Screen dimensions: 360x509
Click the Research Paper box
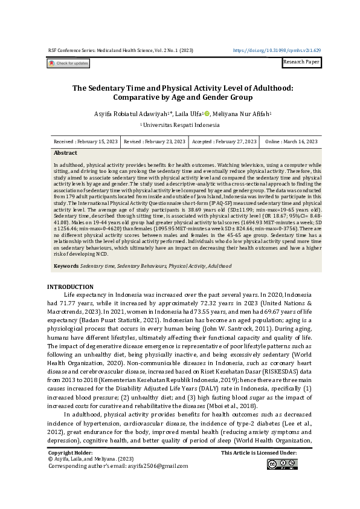pyautogui.click(x=302, y=62)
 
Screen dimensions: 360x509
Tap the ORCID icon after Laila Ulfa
pyautogui.click(x=207, y=114)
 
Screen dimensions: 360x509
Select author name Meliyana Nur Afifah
pyautogui.click(x=241, y=114)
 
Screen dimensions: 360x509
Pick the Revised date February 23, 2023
pyautogui.click(x=154, y=141)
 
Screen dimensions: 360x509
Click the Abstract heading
pyautogui.click(x=65, y=153)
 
